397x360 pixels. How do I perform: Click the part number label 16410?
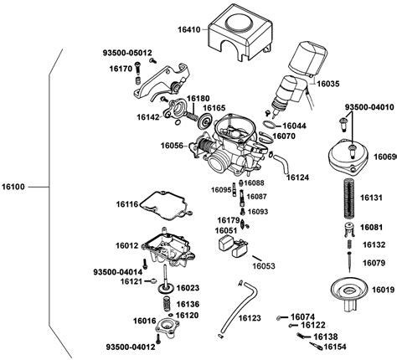pyautogui.click(x=189, y=29)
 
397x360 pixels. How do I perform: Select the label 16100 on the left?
pyautogui.click(x=13, y=187)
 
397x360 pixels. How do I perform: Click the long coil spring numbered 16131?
pyautogui.click(x=349, y=198)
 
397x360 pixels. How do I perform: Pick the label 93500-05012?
pyautogui.click(x=127, y=53)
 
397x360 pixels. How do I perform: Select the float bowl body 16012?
pyautogui.click(x=168, y=249)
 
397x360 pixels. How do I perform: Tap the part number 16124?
pyautogui.click(x=298, y=177)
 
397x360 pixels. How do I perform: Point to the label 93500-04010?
pyautogui.click(x=369, y=107)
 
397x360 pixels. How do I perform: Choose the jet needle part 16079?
pyautogui.click(x=349, y=262)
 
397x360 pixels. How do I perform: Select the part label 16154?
pyautogui.click(x=335, y=347)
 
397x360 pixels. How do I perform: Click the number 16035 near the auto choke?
pyautogui.click(x=328, y=84)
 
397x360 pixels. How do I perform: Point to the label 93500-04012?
pyautogui.click(x=131, y=347)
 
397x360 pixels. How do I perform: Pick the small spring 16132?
pyautogui.click(x=349, y=244)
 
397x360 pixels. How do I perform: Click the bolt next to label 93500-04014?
pyautogui.click(x=145, y=264)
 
